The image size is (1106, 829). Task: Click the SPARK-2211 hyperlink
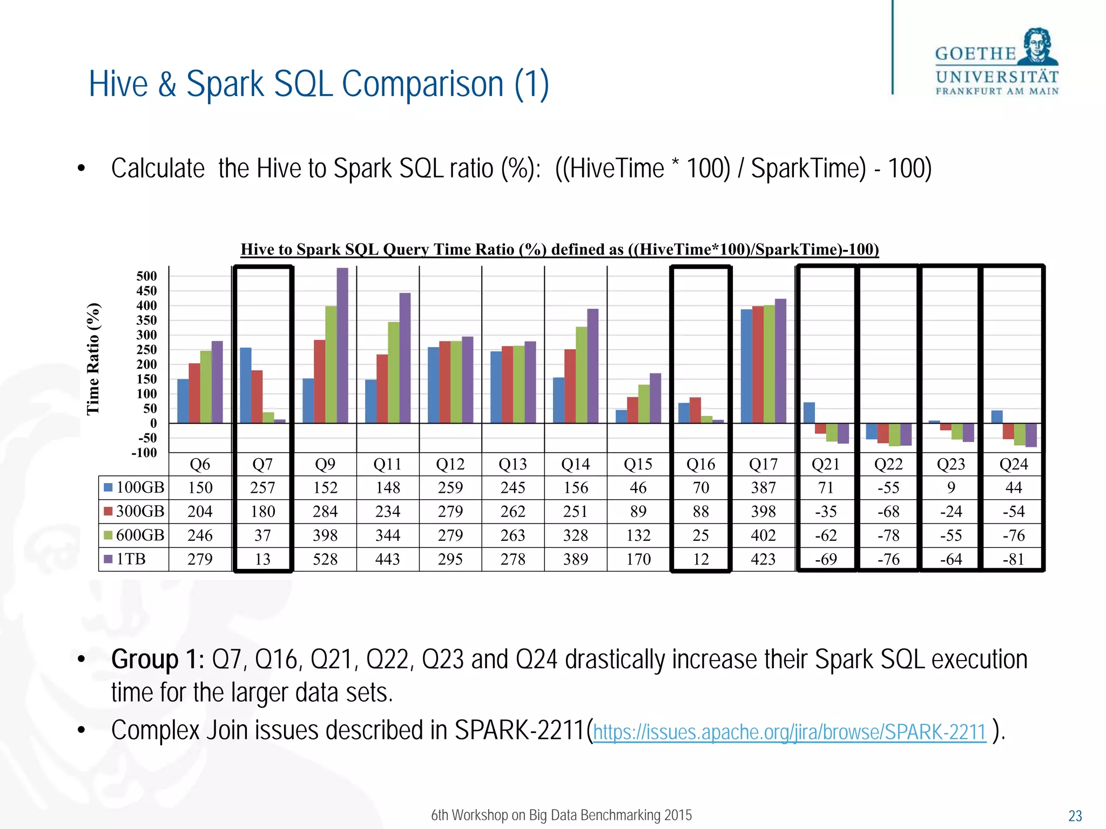790,732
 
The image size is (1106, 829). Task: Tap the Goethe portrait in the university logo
1038,47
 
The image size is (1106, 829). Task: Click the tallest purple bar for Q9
342,345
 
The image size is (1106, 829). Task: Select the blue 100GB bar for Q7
246,385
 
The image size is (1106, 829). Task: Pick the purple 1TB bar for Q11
405,357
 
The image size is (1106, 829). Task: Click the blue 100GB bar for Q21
809,412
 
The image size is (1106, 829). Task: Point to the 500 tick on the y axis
146,276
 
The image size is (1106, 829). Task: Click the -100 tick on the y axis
144,453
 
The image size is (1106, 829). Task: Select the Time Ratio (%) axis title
93,359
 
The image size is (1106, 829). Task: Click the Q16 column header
700,464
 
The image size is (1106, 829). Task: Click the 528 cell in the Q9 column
325,559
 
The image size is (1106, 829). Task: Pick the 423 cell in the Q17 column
763,559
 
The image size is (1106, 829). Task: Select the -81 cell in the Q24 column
1013,559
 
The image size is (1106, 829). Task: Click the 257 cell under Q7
262,488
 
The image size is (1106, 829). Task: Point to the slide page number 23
1075,816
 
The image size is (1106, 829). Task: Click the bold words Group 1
158,660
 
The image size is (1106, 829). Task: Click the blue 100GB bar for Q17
746,366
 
